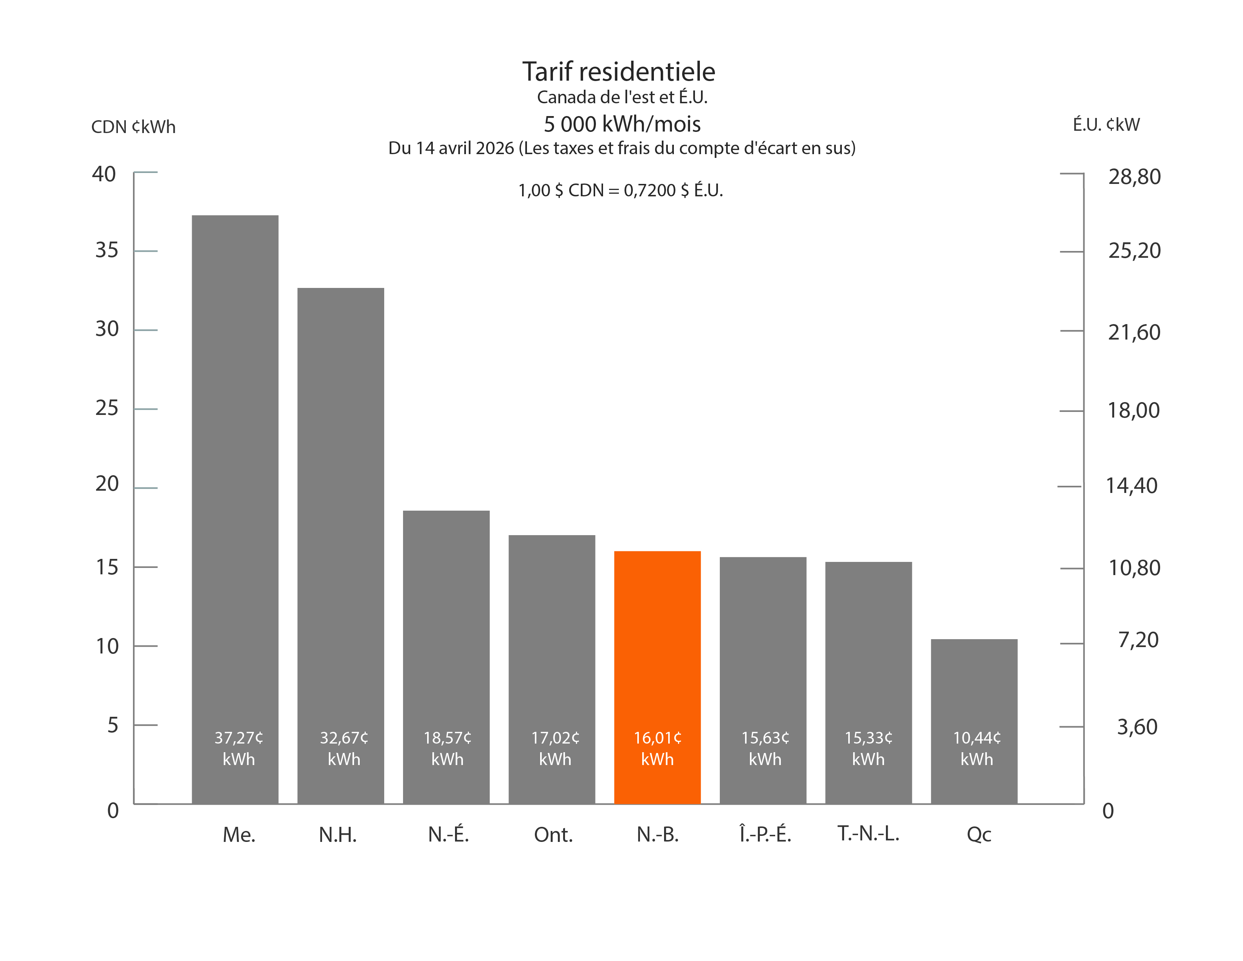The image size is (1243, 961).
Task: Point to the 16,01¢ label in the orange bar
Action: [657, 738]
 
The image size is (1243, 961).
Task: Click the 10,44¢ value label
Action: [977, 738]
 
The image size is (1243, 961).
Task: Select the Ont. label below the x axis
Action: [553, 835]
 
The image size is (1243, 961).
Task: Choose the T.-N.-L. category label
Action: [868, 834]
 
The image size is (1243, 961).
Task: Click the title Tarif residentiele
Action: [618, 72]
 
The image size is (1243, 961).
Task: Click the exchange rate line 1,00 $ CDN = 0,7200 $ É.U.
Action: [620, 190]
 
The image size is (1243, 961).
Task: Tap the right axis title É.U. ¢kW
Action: [1106, 125]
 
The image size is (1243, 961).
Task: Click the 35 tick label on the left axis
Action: [107, 250]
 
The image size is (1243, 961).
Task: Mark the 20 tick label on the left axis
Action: [107, 484]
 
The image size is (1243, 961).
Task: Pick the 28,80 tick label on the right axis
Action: [1134, 176]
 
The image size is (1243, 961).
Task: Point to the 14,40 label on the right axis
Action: [1131, 486]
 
